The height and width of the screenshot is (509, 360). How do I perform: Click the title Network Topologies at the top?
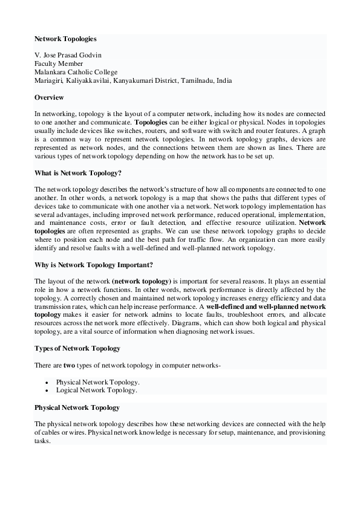[x=65, y=39]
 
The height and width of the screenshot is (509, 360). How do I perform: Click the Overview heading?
[x=49, y=97]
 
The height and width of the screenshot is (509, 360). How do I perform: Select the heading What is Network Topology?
[x=78, y=173]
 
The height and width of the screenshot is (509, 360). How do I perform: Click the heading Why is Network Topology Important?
[x=93, y=265]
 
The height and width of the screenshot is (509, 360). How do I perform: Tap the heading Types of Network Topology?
[x=77, y=348]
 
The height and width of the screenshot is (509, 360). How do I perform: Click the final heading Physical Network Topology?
[x=77, y=407]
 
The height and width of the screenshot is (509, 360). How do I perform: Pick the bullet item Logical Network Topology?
[x=96, y=391]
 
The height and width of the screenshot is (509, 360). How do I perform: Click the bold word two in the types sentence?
[x=70, y=365]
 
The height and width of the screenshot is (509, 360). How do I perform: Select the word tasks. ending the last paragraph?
[x=42, y=441]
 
